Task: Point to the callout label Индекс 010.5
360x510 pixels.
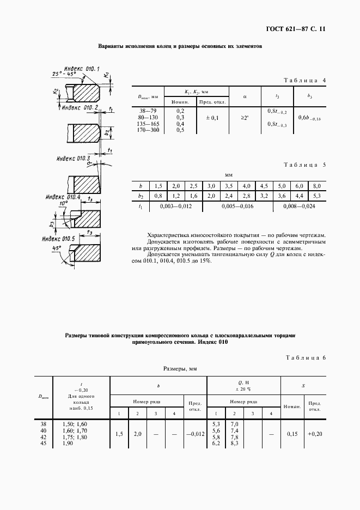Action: (x=58, y=239)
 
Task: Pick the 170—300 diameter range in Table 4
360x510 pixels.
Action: (x=149, y=130)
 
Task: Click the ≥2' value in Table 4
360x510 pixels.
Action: (x=245, y=118)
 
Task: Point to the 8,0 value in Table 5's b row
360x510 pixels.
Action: (x=316, y=186)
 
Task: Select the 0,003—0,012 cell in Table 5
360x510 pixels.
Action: (x=173, y=207)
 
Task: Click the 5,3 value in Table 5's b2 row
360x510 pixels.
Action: (x=316, y=196)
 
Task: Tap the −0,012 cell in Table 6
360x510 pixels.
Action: (x=194, y=434)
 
